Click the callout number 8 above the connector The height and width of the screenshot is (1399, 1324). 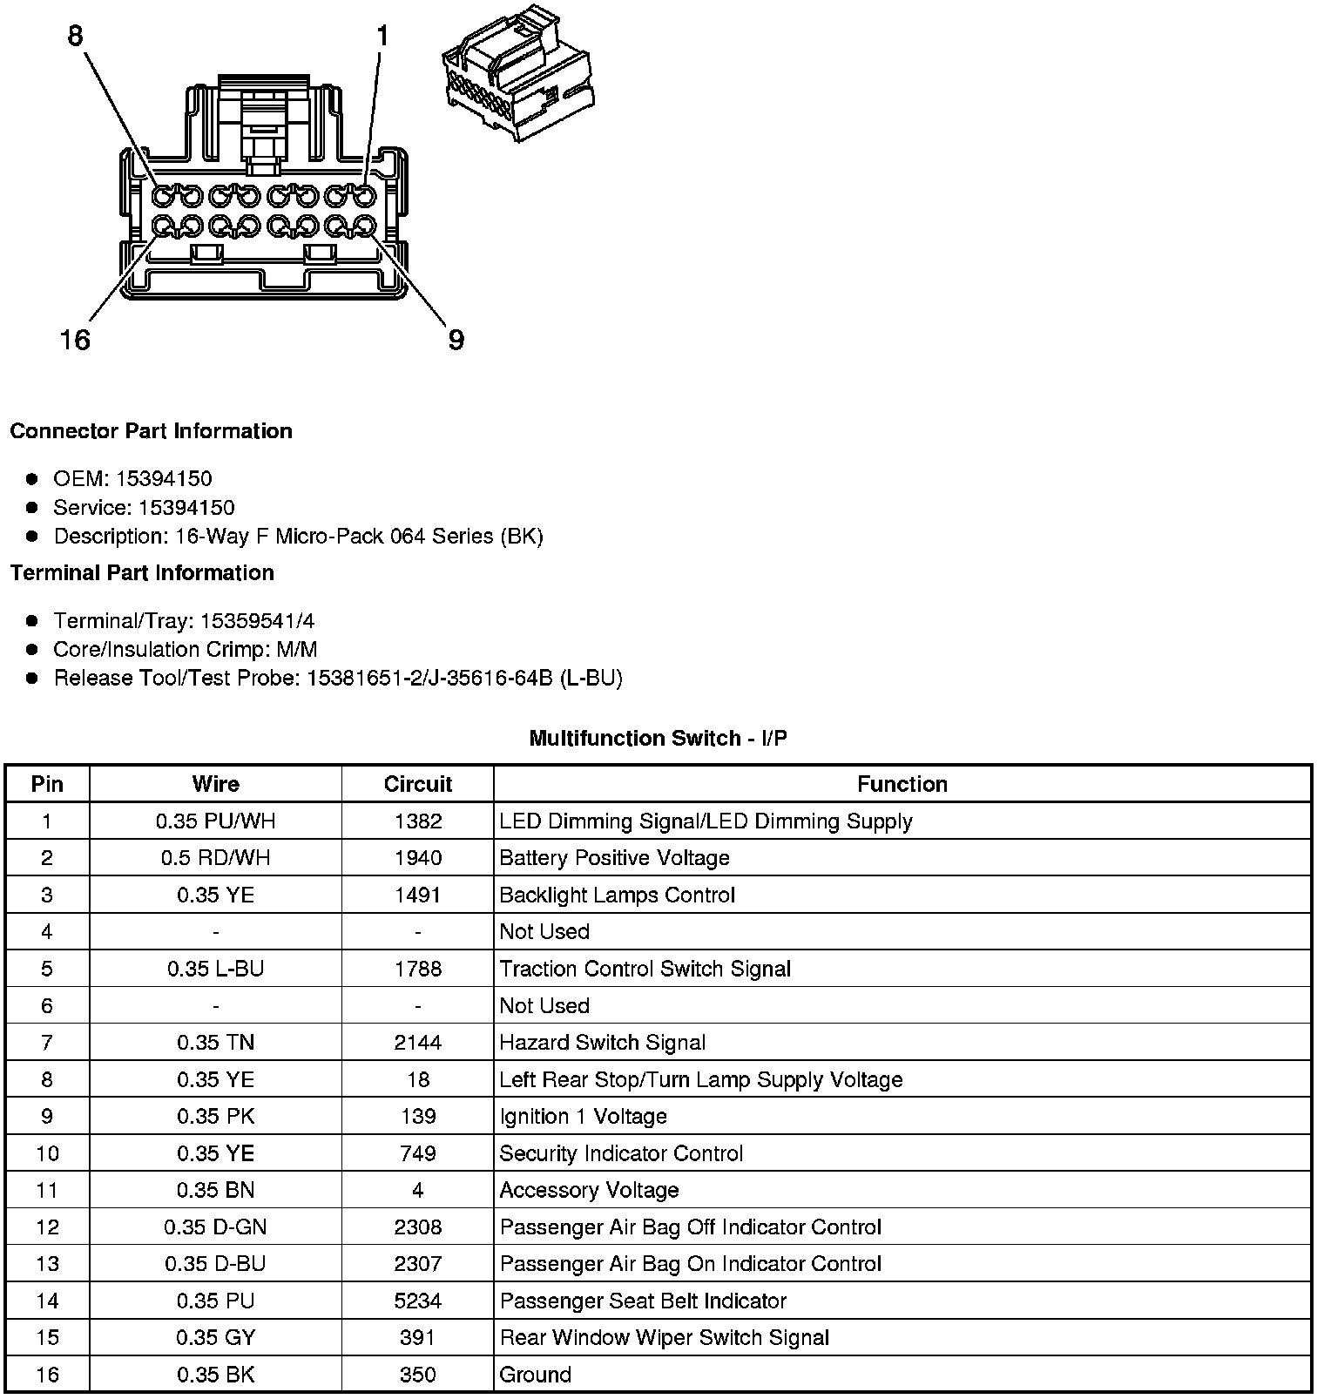[x=75, y=36]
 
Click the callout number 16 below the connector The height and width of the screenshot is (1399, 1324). [x=75, y=340]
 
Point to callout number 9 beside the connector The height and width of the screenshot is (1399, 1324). [x=456, y=340]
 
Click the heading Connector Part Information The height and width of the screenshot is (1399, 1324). [x=151, y=431]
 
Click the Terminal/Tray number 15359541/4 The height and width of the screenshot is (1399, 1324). [x=257, y=621]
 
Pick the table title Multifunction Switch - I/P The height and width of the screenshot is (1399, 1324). [x=658, y=739]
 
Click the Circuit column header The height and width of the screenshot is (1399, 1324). [x=417, y=784]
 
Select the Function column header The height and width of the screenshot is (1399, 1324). [x=902, y=784]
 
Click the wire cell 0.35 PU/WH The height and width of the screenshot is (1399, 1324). [x=215, y=821]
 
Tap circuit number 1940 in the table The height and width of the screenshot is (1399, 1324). [x=417, y=858]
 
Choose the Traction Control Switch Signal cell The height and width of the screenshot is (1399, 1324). [x=645, y=969]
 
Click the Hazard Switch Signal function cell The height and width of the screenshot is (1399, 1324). [x=602, y=1043]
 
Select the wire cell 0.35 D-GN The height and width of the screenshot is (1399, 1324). [x=215, y=1227]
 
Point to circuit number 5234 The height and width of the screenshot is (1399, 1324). [x=417, y=1301]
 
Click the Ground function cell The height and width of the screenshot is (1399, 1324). [x=535, y=1375]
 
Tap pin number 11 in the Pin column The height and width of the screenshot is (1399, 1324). [x=47, y=1191]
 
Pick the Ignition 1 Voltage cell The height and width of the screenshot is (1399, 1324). [x=583, y=1117]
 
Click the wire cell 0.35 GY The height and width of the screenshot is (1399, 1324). [x=215, y=1338]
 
